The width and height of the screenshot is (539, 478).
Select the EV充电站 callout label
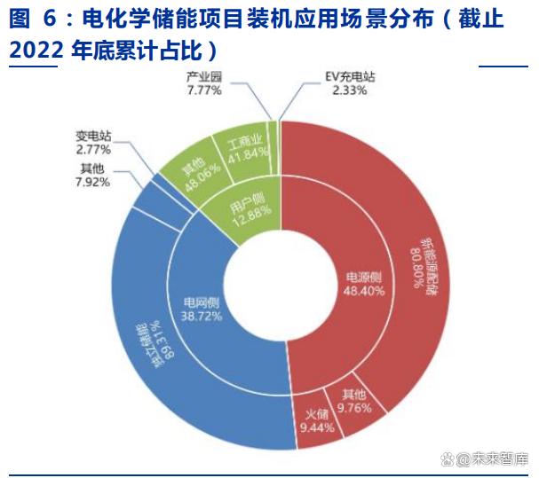(350, 77)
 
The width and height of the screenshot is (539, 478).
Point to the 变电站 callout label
(93, 137)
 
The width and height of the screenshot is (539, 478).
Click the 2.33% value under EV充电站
(349, 90)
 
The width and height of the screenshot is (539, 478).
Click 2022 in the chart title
(36, 51)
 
